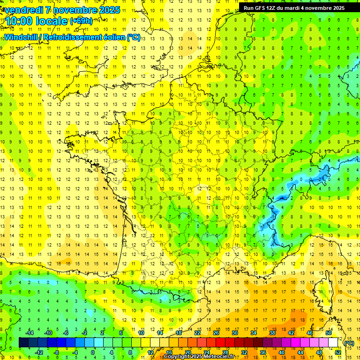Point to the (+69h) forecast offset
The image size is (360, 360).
point(81,21)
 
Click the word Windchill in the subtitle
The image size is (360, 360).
point(22,37)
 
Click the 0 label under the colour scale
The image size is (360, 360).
point(93,352)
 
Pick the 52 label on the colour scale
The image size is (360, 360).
point(337,352)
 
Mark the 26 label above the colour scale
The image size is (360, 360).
point(216,333)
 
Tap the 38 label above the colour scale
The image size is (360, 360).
point(272,333)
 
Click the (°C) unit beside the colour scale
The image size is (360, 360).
point(349,343)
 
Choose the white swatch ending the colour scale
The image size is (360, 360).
point(333,343)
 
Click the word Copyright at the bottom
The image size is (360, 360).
point(179,357)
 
